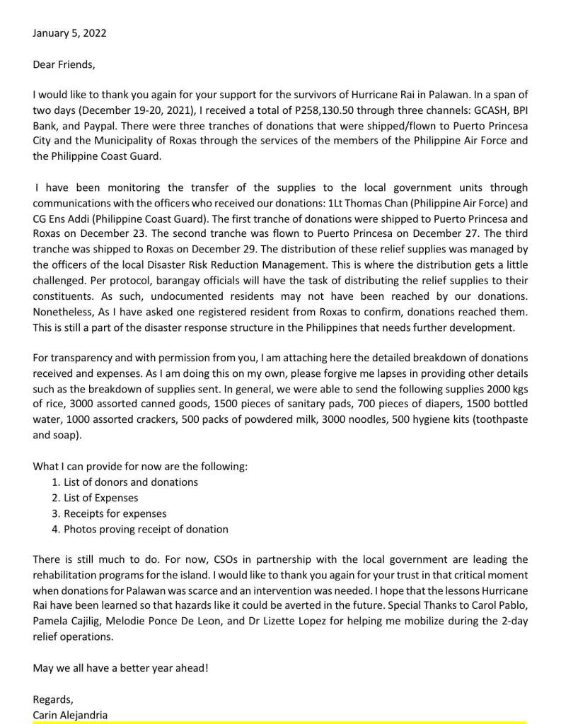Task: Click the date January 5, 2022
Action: [70, 33]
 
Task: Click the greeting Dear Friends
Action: [63, 64]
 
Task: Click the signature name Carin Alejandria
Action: [70, 715]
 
